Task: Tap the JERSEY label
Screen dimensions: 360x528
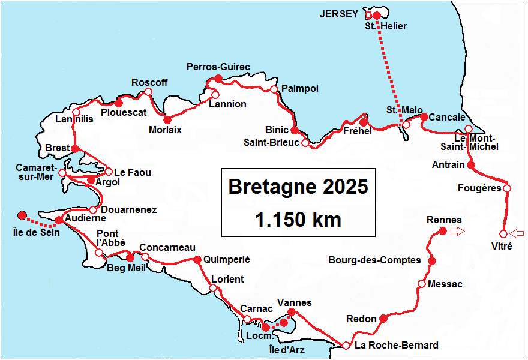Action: coord(340,14)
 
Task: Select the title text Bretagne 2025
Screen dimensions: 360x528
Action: coord(298,187)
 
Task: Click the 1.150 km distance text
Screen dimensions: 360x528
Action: coord(298,219)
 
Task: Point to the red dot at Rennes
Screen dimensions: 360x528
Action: coord(442,231)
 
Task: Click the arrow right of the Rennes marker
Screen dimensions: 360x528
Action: coord(458,232)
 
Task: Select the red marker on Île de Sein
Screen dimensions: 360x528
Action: coord(22,215)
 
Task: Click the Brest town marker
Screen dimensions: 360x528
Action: coord(75,148)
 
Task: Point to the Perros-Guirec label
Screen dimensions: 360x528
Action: coord(218,67)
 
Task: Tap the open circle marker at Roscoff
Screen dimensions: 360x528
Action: coord(148,92)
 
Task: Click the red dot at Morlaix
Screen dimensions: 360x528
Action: coord(167,119)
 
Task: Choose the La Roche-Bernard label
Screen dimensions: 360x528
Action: coord(396,345)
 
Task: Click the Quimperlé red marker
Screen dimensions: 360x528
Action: coord(197,260)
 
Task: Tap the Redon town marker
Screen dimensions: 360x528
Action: coord(384,319)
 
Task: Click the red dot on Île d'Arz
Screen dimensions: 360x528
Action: coord(285,323)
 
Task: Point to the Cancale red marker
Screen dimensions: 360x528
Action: coord(424,117)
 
